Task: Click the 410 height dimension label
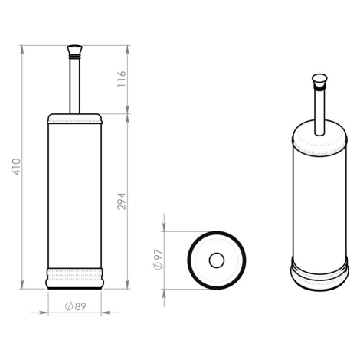pos(17,167)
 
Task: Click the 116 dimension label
pos(122,79)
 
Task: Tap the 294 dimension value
pos(122,201)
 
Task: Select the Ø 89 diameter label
pos(76,306)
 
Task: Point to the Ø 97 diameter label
pos(158,259)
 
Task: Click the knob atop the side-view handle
pos(74,51)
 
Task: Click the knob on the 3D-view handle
pos(319,81)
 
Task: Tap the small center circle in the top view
pos(217,260)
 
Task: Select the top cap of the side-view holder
pos(74,119)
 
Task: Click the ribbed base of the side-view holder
pos(74,278)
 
